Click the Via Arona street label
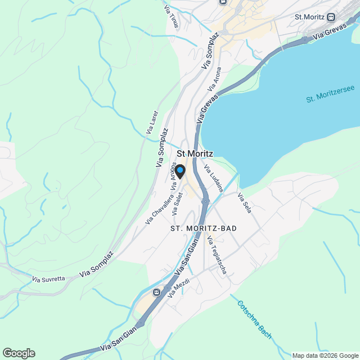click(x=215, y=79)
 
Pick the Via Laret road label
click(x=152, y=121)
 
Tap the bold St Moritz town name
click(x=195, y=152)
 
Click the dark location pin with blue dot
click(x=180, y=172)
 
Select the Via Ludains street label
click(x=214, y=178)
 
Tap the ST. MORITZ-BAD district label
click(x=203, y=228)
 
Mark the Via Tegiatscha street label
click(x=217, y=255)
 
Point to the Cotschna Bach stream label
click(x=254, y=319)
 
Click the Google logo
click(x=18, y=353)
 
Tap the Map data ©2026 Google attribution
click(x=324, y=355)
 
